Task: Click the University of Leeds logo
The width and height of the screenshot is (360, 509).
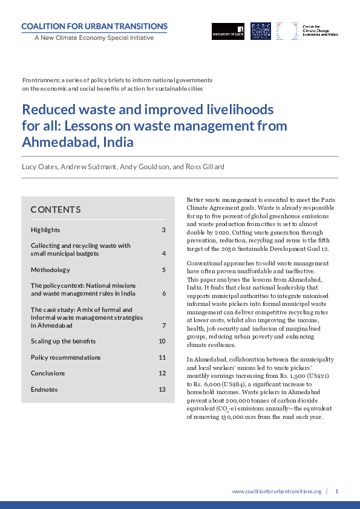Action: tap(228, 30)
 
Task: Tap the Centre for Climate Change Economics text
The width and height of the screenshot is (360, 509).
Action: tap(320, 30)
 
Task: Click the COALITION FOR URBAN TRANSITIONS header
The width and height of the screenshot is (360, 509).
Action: tap(94, 26)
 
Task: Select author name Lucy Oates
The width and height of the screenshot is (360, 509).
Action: tap(39, 166)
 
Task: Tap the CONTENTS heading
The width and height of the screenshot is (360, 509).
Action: tap(56, 210)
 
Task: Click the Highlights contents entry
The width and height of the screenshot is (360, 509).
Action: tap(45, 230)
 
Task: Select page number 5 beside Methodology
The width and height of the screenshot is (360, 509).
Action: tap(163, 270)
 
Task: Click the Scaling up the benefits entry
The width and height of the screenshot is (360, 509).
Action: tap(63, 341)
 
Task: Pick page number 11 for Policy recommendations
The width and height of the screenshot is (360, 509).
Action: tap(162, 357)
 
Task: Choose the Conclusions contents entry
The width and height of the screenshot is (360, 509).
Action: tap(48, 373)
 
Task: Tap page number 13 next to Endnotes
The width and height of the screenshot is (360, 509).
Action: tap(162, 389)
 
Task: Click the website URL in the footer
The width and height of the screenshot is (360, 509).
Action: tap(277, 491)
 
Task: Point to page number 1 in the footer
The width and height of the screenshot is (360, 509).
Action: tap(336, 491)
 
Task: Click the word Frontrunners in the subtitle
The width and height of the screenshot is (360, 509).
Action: tap(41, 80)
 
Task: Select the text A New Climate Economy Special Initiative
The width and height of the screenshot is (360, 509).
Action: tap(94, 37)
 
